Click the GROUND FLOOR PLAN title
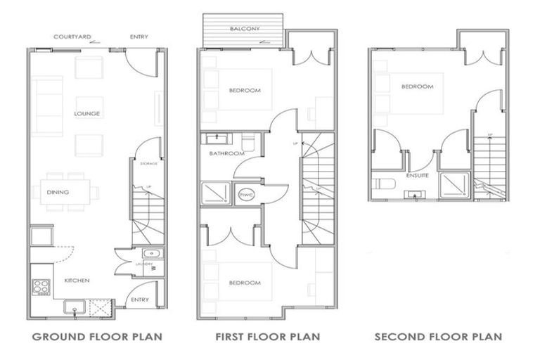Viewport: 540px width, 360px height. coord(97,337)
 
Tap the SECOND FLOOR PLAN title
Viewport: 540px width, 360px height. coord(438,337)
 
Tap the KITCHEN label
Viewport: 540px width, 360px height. coord(77,280)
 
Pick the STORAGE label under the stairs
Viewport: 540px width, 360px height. coord(148,164)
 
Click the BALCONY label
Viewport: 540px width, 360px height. coord(243,29)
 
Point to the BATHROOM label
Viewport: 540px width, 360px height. coord(226,153)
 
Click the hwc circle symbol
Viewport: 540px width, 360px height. coord(247,194)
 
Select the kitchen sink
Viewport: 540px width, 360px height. coord(72,307)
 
